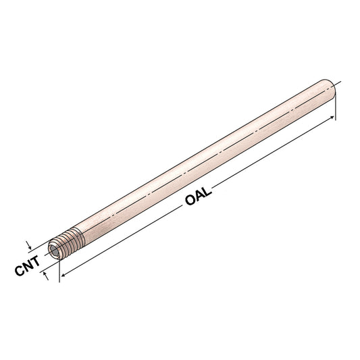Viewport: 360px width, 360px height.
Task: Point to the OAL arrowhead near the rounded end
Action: click(x=332, y=118)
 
